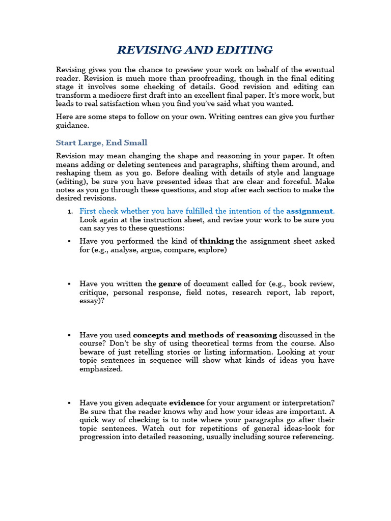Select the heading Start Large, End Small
click(101, 142)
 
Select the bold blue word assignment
click(310, 211)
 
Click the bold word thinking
click(217, 241)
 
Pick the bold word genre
click(170, 283)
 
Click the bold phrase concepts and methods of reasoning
click(205, 335)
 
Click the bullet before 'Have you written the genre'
click(69, 284)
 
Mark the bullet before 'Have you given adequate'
click(69, 403)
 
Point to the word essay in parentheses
click(90, 301)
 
